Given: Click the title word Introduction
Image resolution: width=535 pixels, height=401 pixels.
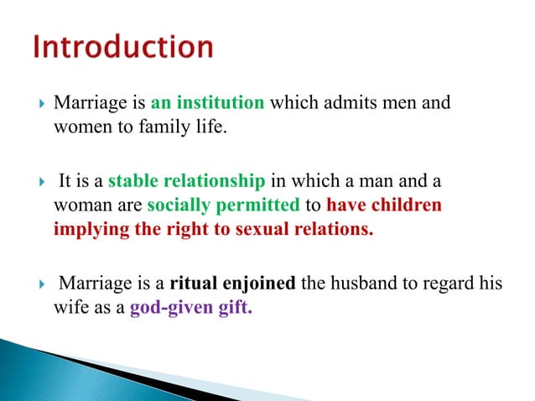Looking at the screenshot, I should (x=123, y=47).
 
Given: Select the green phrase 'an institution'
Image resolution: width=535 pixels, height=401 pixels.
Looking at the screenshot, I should (x=208, y=105).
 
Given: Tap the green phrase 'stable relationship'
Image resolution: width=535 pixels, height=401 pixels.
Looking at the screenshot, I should (x=187, y=181).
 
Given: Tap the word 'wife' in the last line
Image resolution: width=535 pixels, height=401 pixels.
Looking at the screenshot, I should (x=68, y=308).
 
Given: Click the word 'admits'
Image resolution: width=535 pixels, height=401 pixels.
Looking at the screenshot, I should (x=333, y=105).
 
